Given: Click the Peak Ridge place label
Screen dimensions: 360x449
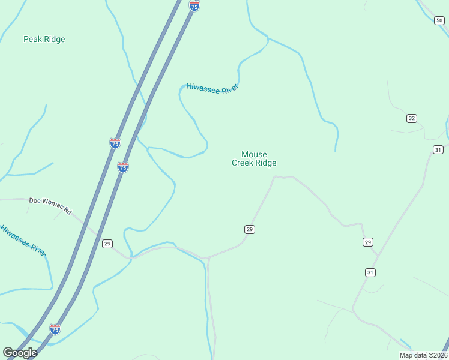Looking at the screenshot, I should tap(44, 40).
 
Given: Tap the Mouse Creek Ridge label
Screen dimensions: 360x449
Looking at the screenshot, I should tap(254, 158).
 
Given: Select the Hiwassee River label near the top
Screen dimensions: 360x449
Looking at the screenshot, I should tap(212, 88).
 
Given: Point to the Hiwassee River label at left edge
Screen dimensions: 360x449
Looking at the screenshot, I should tap(23, 239).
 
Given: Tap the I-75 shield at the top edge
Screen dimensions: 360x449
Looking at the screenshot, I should tap(194, 5).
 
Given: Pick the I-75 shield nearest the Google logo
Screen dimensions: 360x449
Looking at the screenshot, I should tap(55, 329).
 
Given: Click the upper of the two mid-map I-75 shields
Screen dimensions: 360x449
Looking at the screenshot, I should tap(115, 143).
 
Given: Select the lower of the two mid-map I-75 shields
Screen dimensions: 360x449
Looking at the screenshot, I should tap(123, 167).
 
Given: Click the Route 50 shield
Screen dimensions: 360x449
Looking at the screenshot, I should tap(439, 21).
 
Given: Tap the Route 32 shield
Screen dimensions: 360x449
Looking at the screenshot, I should tap(411, 118).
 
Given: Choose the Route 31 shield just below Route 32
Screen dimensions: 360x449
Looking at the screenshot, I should tap(438, 149).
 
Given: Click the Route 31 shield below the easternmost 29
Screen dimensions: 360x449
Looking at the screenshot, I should tap(370, 272).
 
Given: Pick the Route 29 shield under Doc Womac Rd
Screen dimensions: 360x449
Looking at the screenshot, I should tap(107, 244).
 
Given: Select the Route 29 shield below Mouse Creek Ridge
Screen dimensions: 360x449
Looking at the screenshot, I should tap(250, 229).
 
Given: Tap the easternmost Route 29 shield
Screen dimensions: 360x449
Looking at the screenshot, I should tap(368, 242).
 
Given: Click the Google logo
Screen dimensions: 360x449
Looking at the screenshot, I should tap(20, 352).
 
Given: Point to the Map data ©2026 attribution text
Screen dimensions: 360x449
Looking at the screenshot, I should tap(423, 355).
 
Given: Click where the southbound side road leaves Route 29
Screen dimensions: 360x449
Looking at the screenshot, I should tap(208, 259).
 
